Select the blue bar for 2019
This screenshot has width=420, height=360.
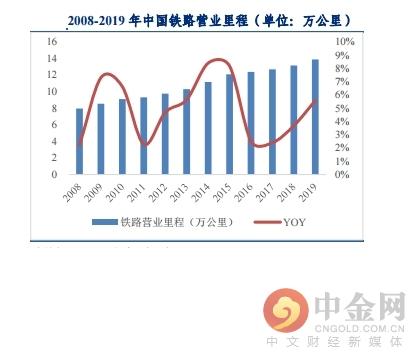316,117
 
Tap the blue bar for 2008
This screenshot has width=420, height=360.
80,141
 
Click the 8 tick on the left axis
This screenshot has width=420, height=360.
54,108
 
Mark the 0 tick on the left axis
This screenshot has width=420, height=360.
54,174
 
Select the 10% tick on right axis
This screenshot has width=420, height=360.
341,41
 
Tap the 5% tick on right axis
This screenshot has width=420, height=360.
341,108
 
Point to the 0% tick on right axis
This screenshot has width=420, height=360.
341,174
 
